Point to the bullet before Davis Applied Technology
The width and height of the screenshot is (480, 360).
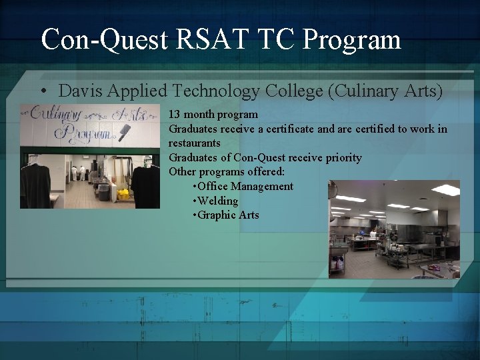click(x=43, y=91)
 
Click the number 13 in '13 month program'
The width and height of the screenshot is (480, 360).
click(x=174, y=115)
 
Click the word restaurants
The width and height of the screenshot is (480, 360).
click(x=194, y=143)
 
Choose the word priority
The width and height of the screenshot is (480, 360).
click(x=341, y=157)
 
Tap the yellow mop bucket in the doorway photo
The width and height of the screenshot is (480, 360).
click(x=123, y=194)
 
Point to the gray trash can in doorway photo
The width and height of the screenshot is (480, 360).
click(x=103, y=191)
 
